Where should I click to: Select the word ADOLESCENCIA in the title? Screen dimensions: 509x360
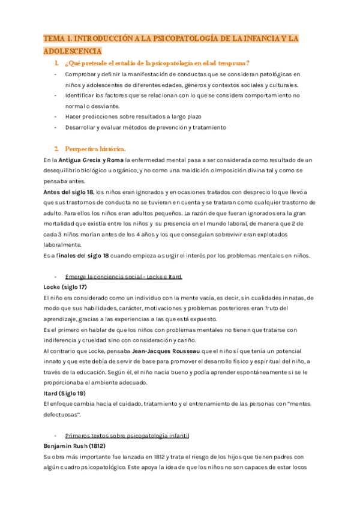(73, 51)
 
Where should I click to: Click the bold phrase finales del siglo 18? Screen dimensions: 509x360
(83, 256)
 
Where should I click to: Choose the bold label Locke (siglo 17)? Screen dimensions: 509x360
(65, 287)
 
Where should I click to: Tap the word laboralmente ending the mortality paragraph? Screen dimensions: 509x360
(63, 245)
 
